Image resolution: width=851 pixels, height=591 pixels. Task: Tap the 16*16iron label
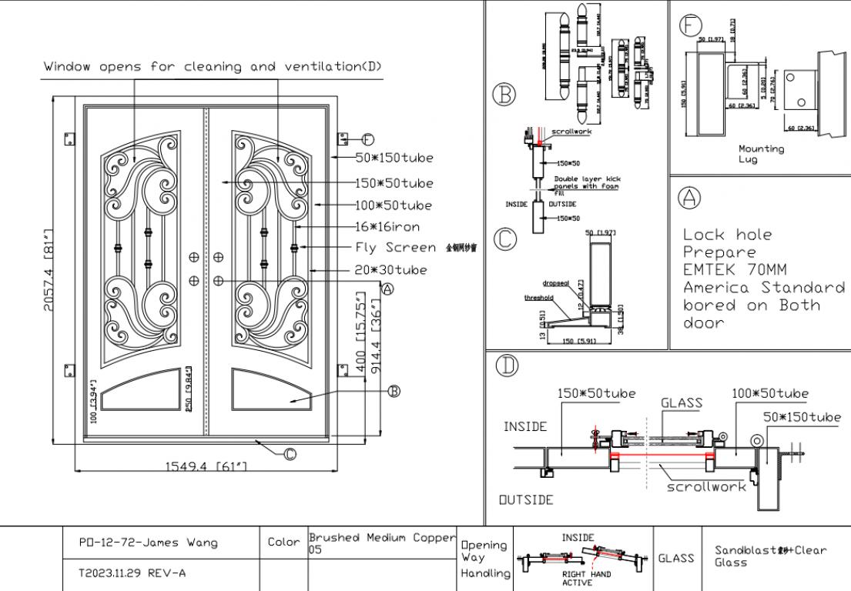coord(387,227)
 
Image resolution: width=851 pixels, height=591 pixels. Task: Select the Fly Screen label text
coord(395,248)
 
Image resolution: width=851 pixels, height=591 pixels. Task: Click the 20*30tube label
coord(390,269)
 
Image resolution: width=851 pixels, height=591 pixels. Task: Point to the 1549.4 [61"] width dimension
coord(206,467)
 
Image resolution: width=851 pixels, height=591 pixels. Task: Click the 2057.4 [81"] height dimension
coord(49,270)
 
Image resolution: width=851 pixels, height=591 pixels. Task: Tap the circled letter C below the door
coord(290,454)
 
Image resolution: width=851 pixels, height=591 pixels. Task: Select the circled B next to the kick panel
coord(394,391)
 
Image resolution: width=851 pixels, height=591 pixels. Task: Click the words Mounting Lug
coord(761,154)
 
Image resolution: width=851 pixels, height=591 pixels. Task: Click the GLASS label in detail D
coord(682,402)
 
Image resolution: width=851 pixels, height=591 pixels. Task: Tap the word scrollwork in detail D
coord(705,486)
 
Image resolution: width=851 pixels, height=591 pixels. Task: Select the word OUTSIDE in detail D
coord(525,500)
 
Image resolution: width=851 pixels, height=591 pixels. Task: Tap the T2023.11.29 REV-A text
coord(133,573)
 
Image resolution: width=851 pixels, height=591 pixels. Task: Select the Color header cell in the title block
coord(284,543)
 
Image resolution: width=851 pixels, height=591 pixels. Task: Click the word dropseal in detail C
coord(554,283)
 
